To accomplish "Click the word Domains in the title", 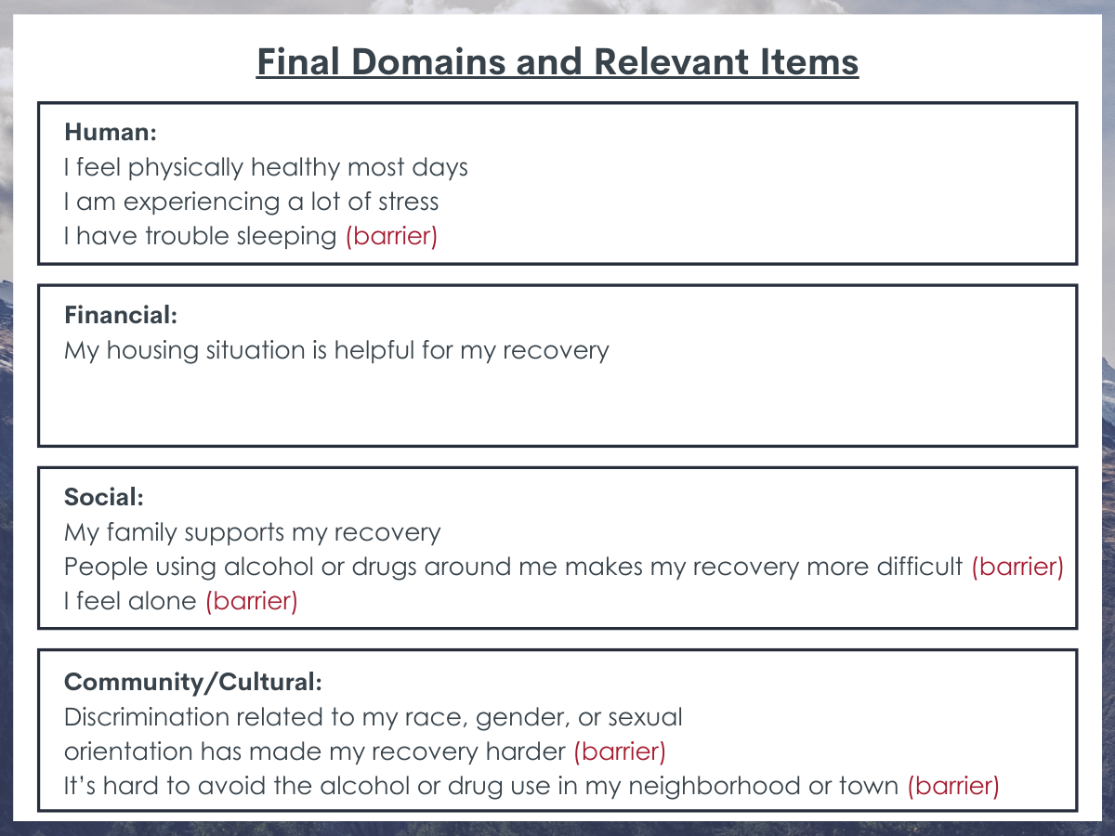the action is click(428, 62).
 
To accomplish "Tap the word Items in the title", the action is click(809, 62).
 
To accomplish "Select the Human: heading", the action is click(111, 132).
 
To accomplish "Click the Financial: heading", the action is click(121, 315).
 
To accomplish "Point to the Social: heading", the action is click(104, 497).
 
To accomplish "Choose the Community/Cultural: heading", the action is click(193, 682).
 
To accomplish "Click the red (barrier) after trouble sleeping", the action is click(392, 236).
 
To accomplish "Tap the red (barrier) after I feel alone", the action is click(252, 601).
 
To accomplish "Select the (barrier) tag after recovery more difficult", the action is click(1017, 567).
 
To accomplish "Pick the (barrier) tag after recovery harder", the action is click(620, 751).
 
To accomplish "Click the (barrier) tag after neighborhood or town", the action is click(953, 786).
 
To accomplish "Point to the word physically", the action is click(186, 168).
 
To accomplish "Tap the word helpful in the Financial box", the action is click(374, 351).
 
